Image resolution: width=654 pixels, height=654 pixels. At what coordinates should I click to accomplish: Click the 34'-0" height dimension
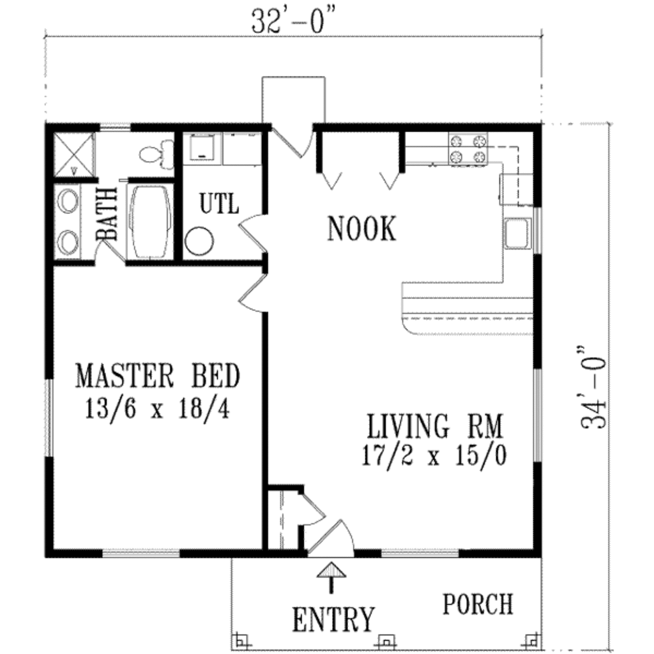[593, 388]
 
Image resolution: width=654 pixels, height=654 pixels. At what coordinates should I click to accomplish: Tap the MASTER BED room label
[158, 376]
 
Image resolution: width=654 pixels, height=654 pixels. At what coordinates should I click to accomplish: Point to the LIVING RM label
[435, 426]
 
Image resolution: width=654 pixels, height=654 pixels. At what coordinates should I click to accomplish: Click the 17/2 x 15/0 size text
[435, 456]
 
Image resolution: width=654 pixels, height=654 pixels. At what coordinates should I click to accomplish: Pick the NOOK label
[361, 229]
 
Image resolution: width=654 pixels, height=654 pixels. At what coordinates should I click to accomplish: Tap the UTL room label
[219, 204]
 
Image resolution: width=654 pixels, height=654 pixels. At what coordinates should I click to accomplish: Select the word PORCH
[478, 604]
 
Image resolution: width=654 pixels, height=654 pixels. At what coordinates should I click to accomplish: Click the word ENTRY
[333, 619]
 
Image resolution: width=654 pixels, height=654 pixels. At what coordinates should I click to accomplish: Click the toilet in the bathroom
[155, 154]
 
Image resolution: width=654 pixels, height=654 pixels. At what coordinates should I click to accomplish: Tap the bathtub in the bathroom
[150, 222]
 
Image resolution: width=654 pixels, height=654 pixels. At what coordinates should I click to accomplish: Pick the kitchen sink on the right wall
[517, 232]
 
